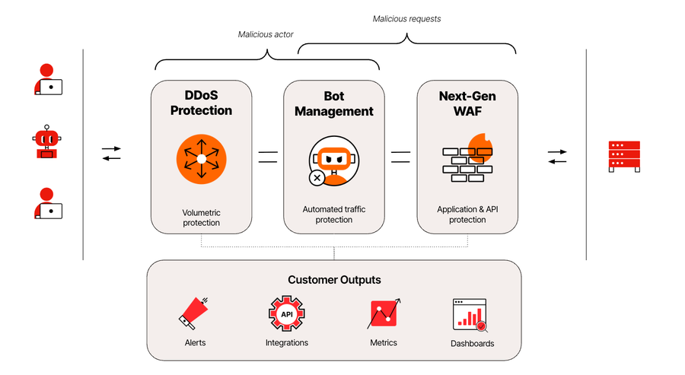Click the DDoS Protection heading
[x=201, y=103]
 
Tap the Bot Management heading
[x=334, y=103]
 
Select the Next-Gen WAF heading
[x=467, y=103]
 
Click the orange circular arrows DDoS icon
[x=201, y=159]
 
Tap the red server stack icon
[x=623, y=156]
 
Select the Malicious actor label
[x=266, y=34]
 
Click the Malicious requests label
[x=406, y=18]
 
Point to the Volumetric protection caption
[x=201, y=218]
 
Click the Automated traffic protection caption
[x=334, y=214]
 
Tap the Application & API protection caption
[x=467, y=214]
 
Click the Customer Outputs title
[x=334, y=280]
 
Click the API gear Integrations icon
[x=287, y=313]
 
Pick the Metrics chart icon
[x=384, y=313]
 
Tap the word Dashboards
[x=472, y=344]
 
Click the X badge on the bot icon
[x=317, y=178]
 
